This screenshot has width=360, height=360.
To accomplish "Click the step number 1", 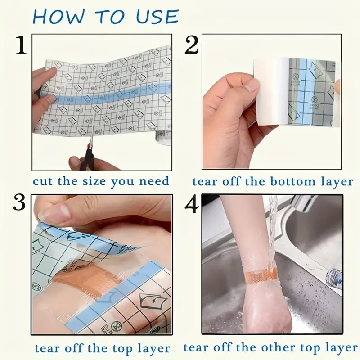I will pyautogui.click(x=21, y=46).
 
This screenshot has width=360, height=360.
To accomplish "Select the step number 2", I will pyautogui.click(x=191, y=46).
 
